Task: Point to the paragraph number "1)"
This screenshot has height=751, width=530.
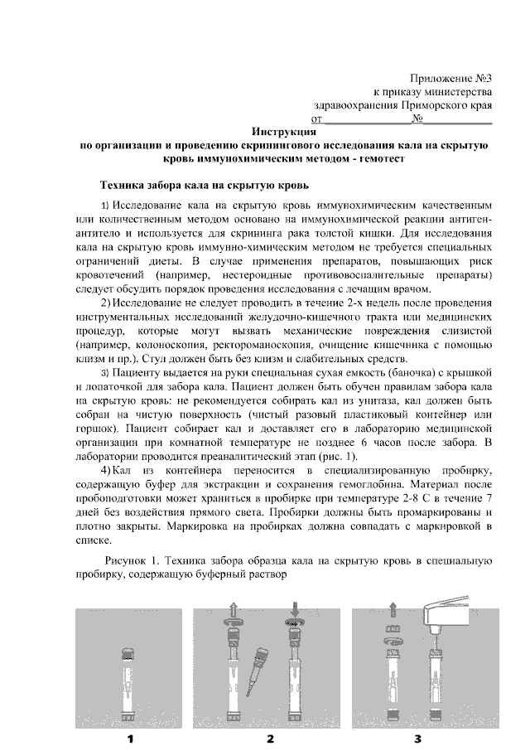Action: (x=105, y=204)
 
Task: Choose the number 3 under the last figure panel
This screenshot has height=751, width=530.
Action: (x=417, y=738)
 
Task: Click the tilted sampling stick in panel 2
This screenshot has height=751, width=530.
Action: (x=265, y=662)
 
